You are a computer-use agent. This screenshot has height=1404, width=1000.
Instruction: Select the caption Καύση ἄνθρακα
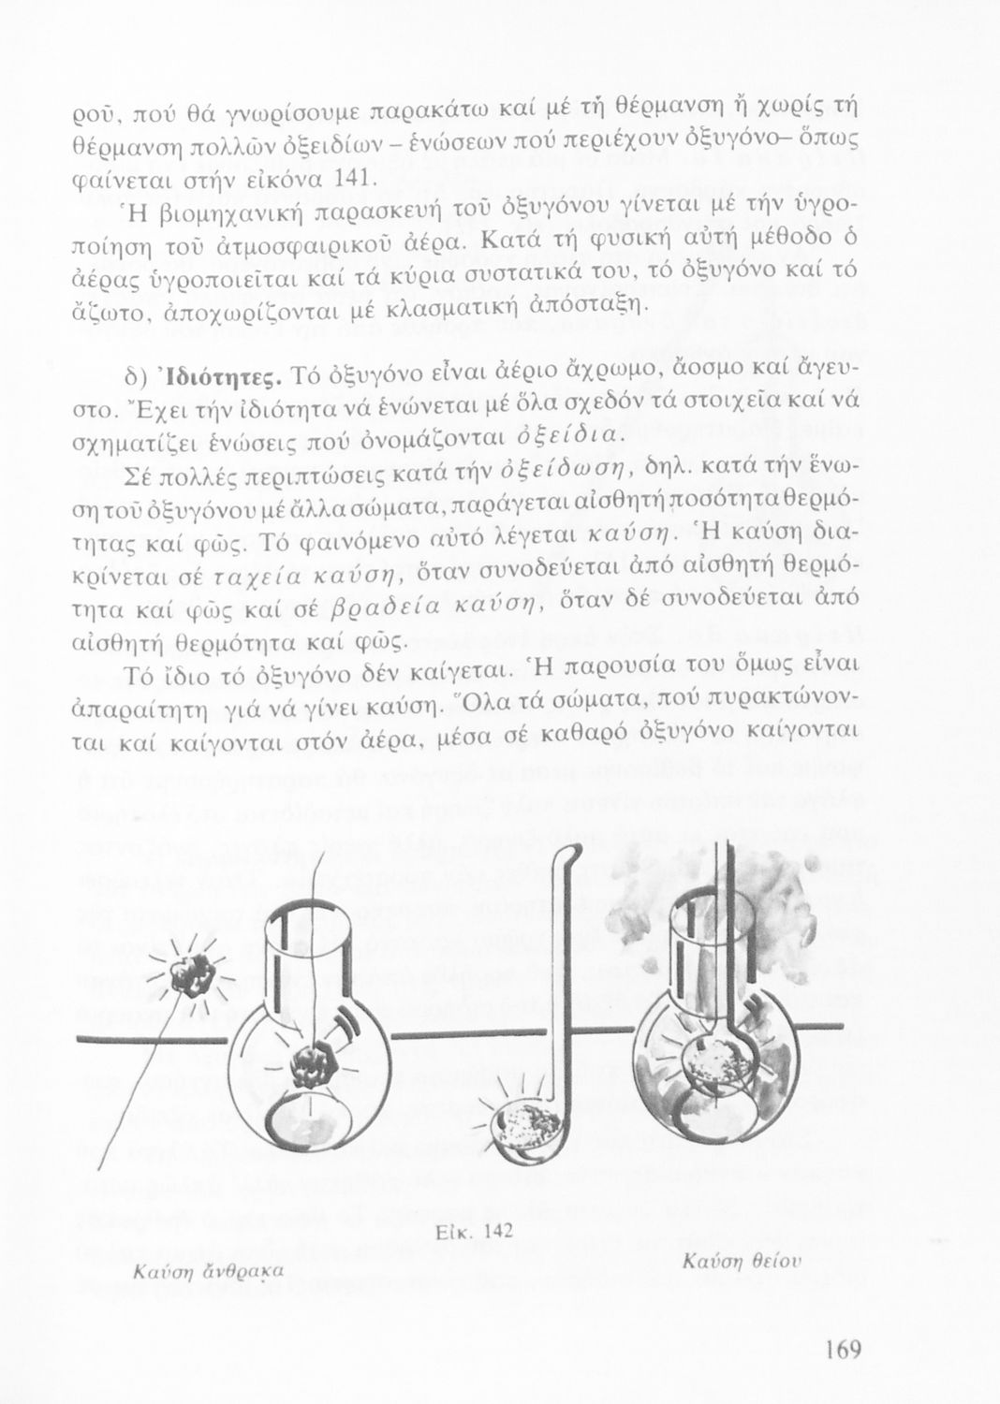[x=208, y=1271]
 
